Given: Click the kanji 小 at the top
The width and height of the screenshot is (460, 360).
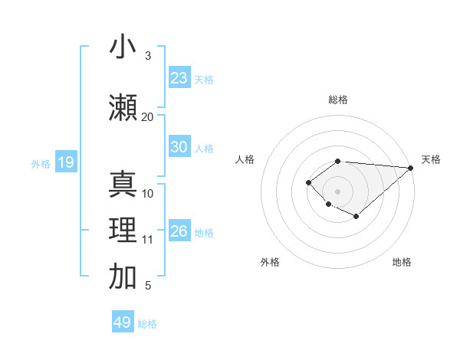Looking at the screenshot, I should [x=123, y=47].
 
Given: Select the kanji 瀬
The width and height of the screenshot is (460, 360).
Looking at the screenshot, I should [x=123, y=107].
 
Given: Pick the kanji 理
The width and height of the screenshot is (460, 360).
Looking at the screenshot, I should [x=123, y=231].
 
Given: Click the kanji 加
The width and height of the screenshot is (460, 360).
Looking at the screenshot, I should [x=123, y=277].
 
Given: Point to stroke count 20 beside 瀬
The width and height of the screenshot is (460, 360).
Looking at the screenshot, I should [x=147, y=116].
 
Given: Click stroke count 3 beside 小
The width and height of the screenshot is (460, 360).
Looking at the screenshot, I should [x=147, y=55].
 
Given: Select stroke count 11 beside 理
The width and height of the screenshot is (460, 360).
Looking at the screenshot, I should [x=147, y=240].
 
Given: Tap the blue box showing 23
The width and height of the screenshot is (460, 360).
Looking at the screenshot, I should [x=179, y=78].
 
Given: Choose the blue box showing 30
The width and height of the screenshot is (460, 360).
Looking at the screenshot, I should [x=179, y=147].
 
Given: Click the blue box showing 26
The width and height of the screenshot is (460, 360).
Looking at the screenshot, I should [x=179, y=231].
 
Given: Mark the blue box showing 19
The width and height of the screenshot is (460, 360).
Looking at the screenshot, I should [x=65, y=162].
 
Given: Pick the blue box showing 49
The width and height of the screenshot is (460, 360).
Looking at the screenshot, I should [x=123, y=322].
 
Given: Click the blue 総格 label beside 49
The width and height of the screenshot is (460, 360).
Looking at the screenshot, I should [x=147, y=324].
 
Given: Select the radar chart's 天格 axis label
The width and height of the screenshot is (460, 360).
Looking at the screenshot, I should [x=431, y=159].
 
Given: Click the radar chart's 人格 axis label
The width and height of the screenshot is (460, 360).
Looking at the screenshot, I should [x=245, y=159].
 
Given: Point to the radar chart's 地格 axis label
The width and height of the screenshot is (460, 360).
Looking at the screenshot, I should [x=402, y=262].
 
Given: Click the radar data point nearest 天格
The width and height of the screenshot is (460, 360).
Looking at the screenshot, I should [x=410, y=168].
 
